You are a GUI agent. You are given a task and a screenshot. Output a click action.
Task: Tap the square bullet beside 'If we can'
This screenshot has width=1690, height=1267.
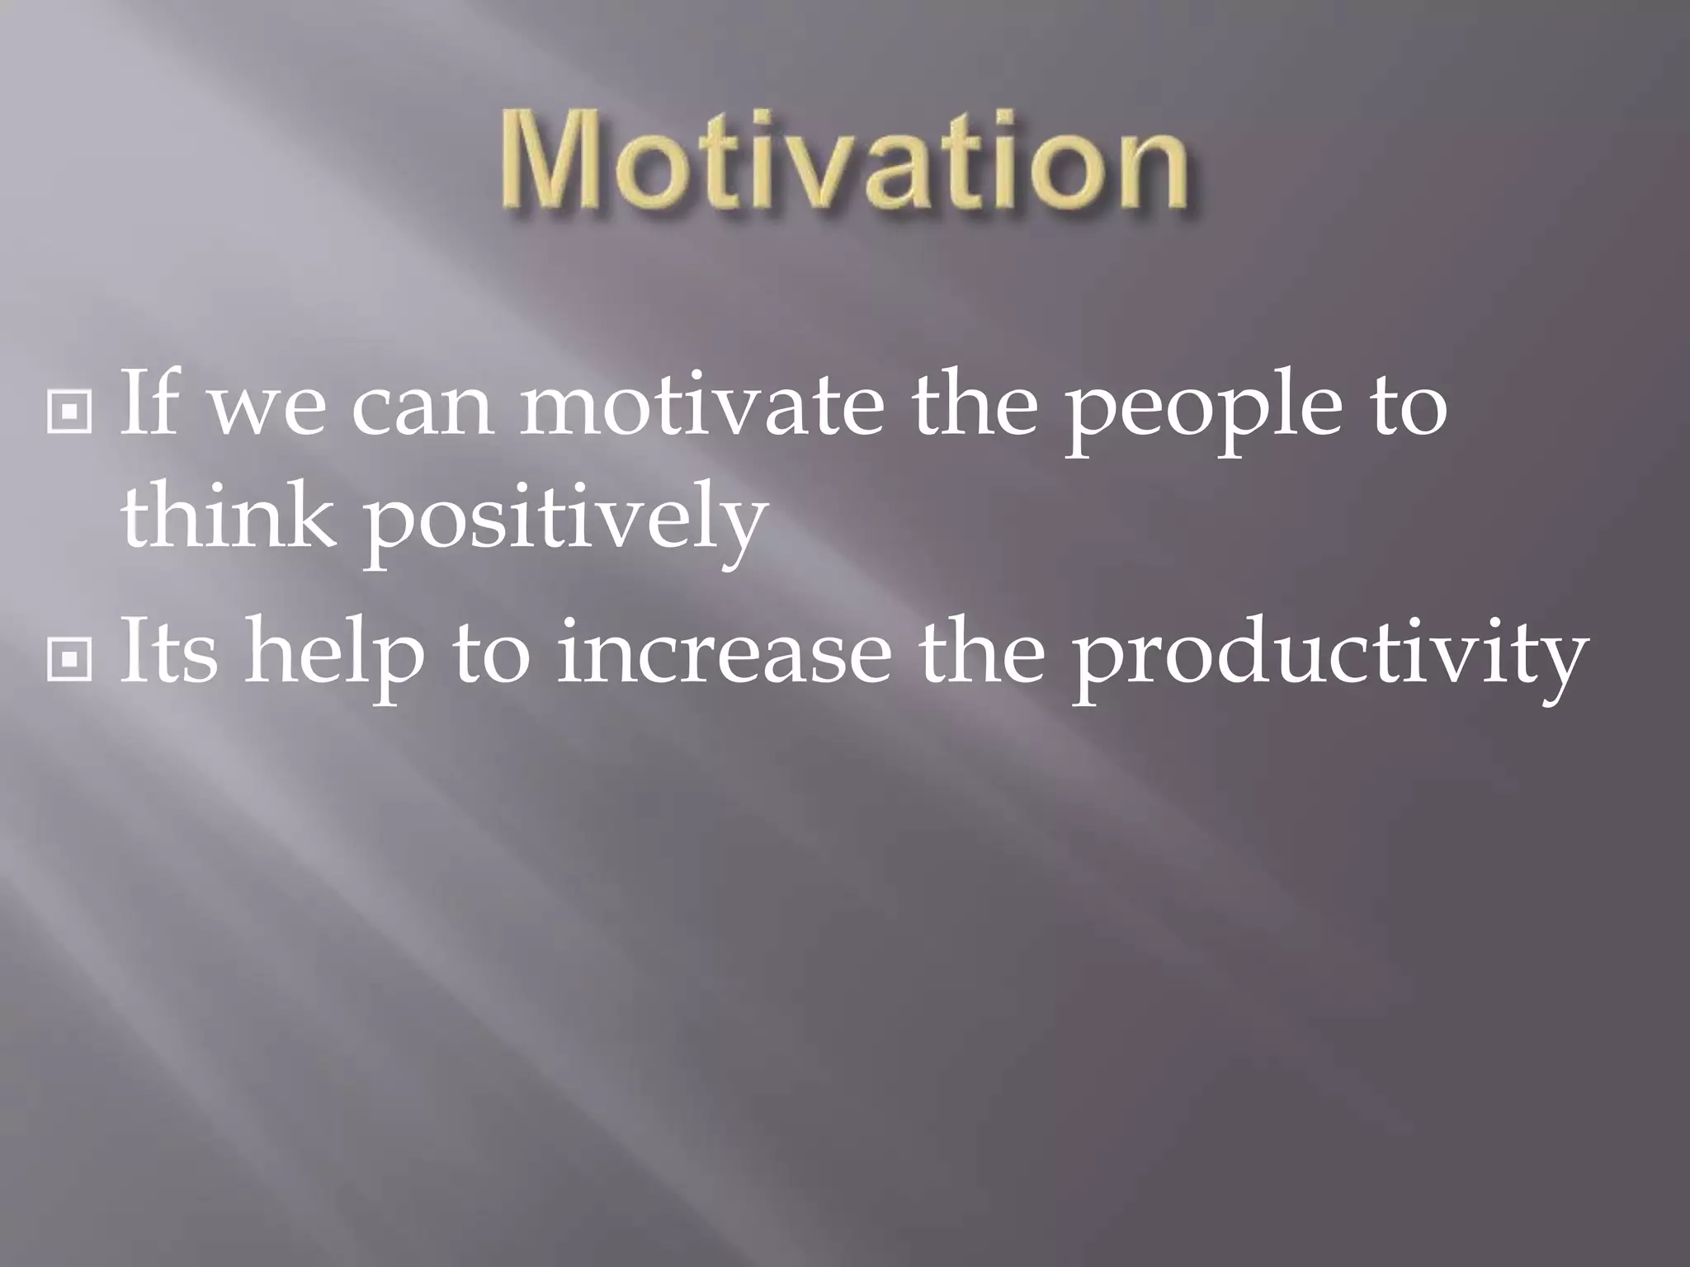tap(70, 410)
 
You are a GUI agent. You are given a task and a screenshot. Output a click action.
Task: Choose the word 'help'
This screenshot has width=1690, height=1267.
tap(333, 656)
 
